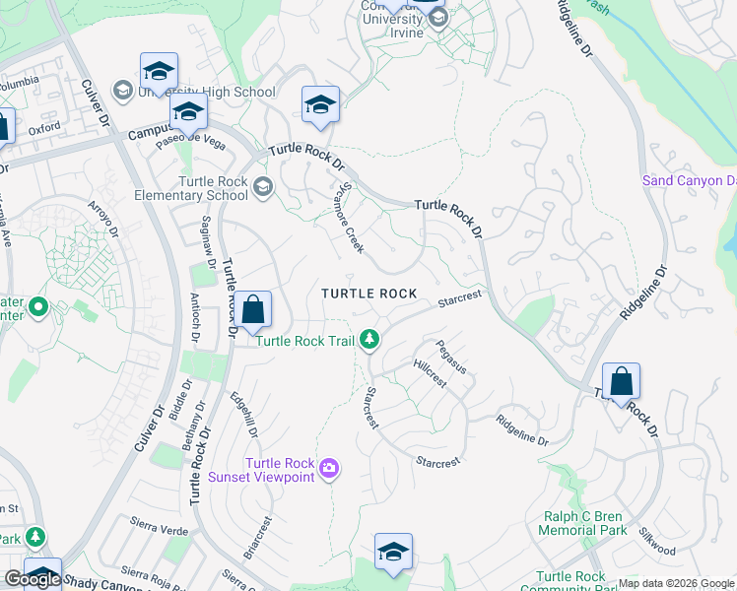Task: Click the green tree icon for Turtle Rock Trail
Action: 369,340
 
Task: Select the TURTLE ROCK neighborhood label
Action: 369,294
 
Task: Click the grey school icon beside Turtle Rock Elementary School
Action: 262,186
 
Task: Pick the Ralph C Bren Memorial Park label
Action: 585,523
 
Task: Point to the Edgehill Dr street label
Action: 243,415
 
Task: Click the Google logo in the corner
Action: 33,578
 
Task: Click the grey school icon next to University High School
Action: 123,92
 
